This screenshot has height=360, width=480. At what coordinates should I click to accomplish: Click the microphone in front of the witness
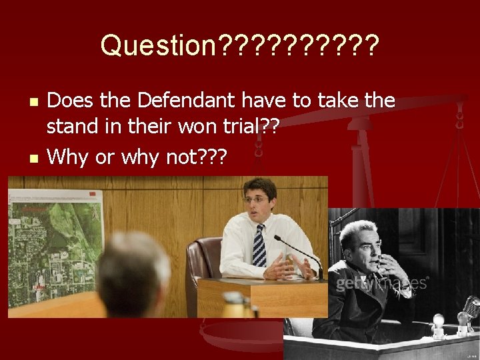click(x=299, y=251)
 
